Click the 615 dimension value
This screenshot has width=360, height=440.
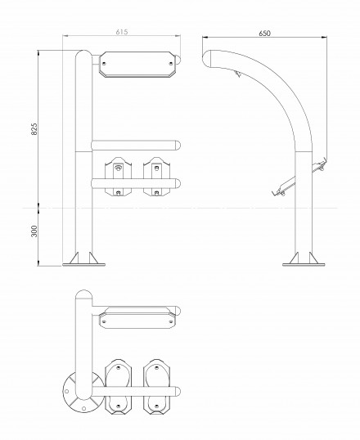click(122, 32)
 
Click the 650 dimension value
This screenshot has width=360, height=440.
click(264, 34)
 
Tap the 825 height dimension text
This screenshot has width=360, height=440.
click(34, 128)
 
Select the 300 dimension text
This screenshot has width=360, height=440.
click(34, 231)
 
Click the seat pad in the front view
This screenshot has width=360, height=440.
click(137, 65)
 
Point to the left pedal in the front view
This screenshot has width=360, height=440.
click(118, 176)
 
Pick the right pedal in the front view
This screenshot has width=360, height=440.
click(156, 176)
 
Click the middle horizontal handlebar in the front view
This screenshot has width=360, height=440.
click(136, 145)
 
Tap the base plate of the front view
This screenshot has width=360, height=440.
click(83, 264)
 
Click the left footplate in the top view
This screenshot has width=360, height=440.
click(118, 387)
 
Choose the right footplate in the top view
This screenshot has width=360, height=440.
click(157, 387)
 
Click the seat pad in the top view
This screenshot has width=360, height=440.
click(137, 321)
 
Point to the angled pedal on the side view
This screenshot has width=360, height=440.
click(284, 186)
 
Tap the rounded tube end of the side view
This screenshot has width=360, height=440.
click(207, 58)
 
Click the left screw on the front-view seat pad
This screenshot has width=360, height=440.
click(105, 63)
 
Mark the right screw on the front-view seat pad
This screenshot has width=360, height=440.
click(171, 63)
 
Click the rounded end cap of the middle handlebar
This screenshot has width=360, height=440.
click(178, 145)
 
